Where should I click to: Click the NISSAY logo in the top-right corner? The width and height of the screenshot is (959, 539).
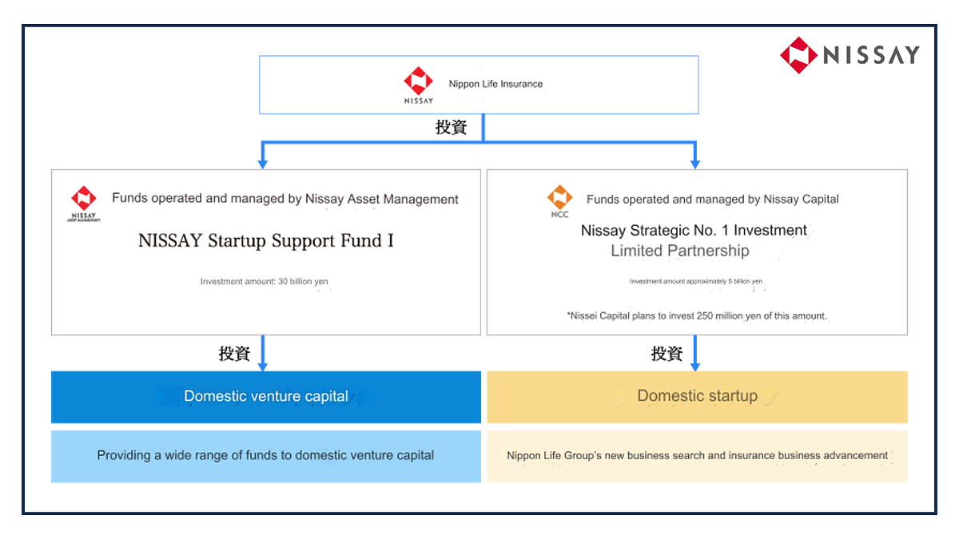pos(850,55)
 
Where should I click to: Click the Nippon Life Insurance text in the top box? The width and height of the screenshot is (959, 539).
pos(495,84)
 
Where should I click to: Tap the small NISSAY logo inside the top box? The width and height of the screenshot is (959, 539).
pos(418,85)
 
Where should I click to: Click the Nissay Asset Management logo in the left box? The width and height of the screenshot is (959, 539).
pos(84,203)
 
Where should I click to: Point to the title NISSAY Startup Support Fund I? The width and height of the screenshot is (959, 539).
pos(266,240)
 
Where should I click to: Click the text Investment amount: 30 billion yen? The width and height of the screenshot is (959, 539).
pos(264,282)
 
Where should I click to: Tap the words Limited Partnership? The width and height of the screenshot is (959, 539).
pos(680,251)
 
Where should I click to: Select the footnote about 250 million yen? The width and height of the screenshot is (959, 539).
pos(696,316)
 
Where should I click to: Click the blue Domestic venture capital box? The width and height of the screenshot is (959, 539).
pos(266,397)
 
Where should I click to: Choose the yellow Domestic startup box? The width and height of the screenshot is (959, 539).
pos(697,397)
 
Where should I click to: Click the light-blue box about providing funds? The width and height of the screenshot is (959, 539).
pos(266,456)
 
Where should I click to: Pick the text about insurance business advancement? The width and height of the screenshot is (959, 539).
pos(697,456)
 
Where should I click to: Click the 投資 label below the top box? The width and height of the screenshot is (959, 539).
pos(451,128)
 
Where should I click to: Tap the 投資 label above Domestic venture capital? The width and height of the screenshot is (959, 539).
pos(234,354)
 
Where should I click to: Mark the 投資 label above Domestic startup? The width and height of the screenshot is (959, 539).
pos(667,354)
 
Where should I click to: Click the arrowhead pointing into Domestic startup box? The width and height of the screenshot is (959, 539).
pos(695,366)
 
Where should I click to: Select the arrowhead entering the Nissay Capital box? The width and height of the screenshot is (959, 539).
pos(695,164)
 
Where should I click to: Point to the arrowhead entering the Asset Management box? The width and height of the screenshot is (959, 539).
pos(263,164)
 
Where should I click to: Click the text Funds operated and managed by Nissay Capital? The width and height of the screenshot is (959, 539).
pos(712,200)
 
